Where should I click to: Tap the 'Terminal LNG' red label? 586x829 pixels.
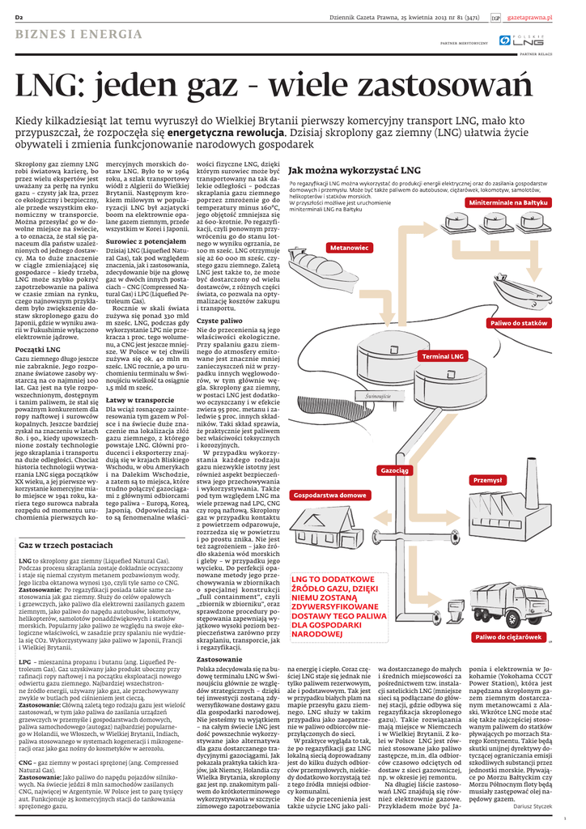(465, 356)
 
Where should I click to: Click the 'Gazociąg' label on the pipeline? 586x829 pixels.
(395, 470)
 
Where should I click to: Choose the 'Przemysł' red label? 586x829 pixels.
(487, 480)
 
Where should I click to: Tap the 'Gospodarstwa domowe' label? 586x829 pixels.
(329, 495)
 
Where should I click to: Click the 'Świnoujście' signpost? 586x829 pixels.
(377, 397)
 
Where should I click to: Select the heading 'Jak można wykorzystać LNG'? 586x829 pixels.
(355, 171)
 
